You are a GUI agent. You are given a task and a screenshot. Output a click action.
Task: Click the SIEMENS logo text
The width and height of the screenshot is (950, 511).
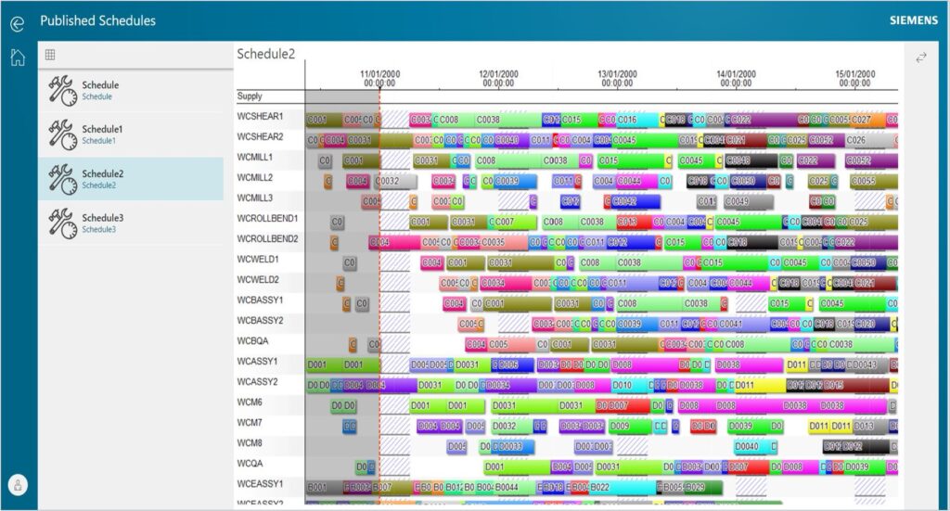click(914, 20)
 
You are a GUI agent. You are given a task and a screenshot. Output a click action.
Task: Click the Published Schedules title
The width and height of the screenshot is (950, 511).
click(98, 20)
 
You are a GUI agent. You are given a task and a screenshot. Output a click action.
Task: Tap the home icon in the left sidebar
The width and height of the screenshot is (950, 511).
click(18, 57)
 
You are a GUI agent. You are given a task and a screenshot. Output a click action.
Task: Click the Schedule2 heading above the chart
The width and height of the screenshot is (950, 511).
click(265, 54)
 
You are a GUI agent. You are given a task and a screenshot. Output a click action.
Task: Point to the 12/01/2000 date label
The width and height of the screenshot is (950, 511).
click(498, 74)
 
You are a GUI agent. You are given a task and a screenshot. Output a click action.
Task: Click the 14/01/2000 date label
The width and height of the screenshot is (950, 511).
click(736, 74)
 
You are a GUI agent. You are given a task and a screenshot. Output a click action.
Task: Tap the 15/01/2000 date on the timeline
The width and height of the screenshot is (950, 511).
click(854, 74)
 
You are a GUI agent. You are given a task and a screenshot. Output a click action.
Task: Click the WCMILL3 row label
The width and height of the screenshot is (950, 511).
click(255, 198)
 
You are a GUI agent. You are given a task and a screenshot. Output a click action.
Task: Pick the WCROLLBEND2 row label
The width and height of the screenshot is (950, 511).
click(267, 238)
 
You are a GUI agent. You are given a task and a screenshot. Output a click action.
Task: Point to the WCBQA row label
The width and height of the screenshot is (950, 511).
click(252, 340)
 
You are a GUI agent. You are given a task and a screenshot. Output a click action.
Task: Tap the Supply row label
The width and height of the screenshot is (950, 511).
click(250, 96)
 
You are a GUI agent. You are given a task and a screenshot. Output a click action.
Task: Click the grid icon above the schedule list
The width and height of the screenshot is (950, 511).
click(50, 55)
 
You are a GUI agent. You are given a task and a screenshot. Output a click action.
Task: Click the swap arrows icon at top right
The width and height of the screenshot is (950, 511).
click(921, 57)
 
